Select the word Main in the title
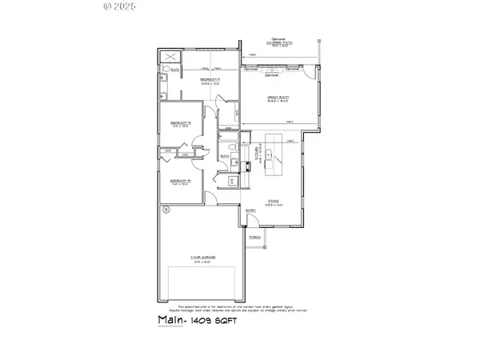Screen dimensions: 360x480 [167, 319]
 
